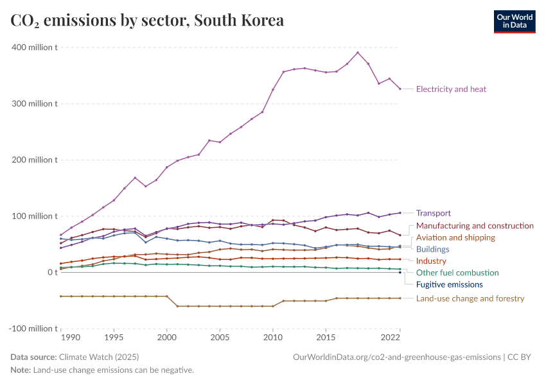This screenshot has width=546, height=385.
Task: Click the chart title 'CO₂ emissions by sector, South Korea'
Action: coord(147,21)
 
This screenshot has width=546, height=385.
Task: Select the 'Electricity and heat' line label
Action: coord(451,89)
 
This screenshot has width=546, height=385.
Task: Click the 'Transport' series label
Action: coord(433,213)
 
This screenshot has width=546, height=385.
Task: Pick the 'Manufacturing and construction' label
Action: coord(475,226)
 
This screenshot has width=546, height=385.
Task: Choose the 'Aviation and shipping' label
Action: coord(455,237)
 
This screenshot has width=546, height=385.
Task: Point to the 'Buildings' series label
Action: coord(432,249)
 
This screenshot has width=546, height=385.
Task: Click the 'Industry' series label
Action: coord(430,261)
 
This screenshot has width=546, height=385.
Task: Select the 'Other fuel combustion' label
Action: coord(457,273)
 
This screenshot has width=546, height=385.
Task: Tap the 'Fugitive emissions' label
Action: coord(449,284)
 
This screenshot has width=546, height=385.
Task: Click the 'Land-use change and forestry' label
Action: coord(470,298)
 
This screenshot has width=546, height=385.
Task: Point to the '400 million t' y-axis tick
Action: coord(33,47)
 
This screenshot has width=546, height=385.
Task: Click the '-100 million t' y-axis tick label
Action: coord(32,329)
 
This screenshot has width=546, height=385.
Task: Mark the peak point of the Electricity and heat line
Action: coord(358,53)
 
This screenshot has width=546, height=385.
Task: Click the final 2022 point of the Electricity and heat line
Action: coord(400,89)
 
